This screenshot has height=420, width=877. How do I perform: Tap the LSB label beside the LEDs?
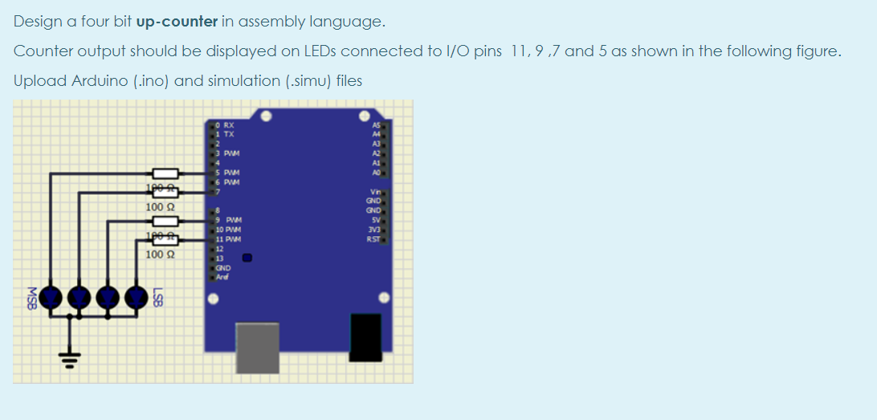pyautogui.click(x=159, y=297)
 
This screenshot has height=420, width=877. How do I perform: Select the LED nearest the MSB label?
pyautogui.click(x=52, y=297)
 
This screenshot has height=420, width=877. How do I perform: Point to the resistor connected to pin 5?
pyautogui.click(x=165, y=173)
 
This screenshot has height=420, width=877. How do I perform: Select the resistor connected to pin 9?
pyautogui.click(x=165, y=221)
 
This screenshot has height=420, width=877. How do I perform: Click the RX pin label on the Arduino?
pyautogui.click(x=228, y=125)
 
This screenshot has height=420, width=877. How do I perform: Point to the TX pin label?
pyautogui.click(x=228, y=134)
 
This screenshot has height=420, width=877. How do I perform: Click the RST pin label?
pyautogui.click(x=373, y=239)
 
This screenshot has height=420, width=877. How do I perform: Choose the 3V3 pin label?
pyautogui.click(x=373, y=230)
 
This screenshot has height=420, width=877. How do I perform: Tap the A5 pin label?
pyautogui.click(x=375, y=125)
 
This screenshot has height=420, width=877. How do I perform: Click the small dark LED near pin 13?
pyautogui.click(x=248, y=259)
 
